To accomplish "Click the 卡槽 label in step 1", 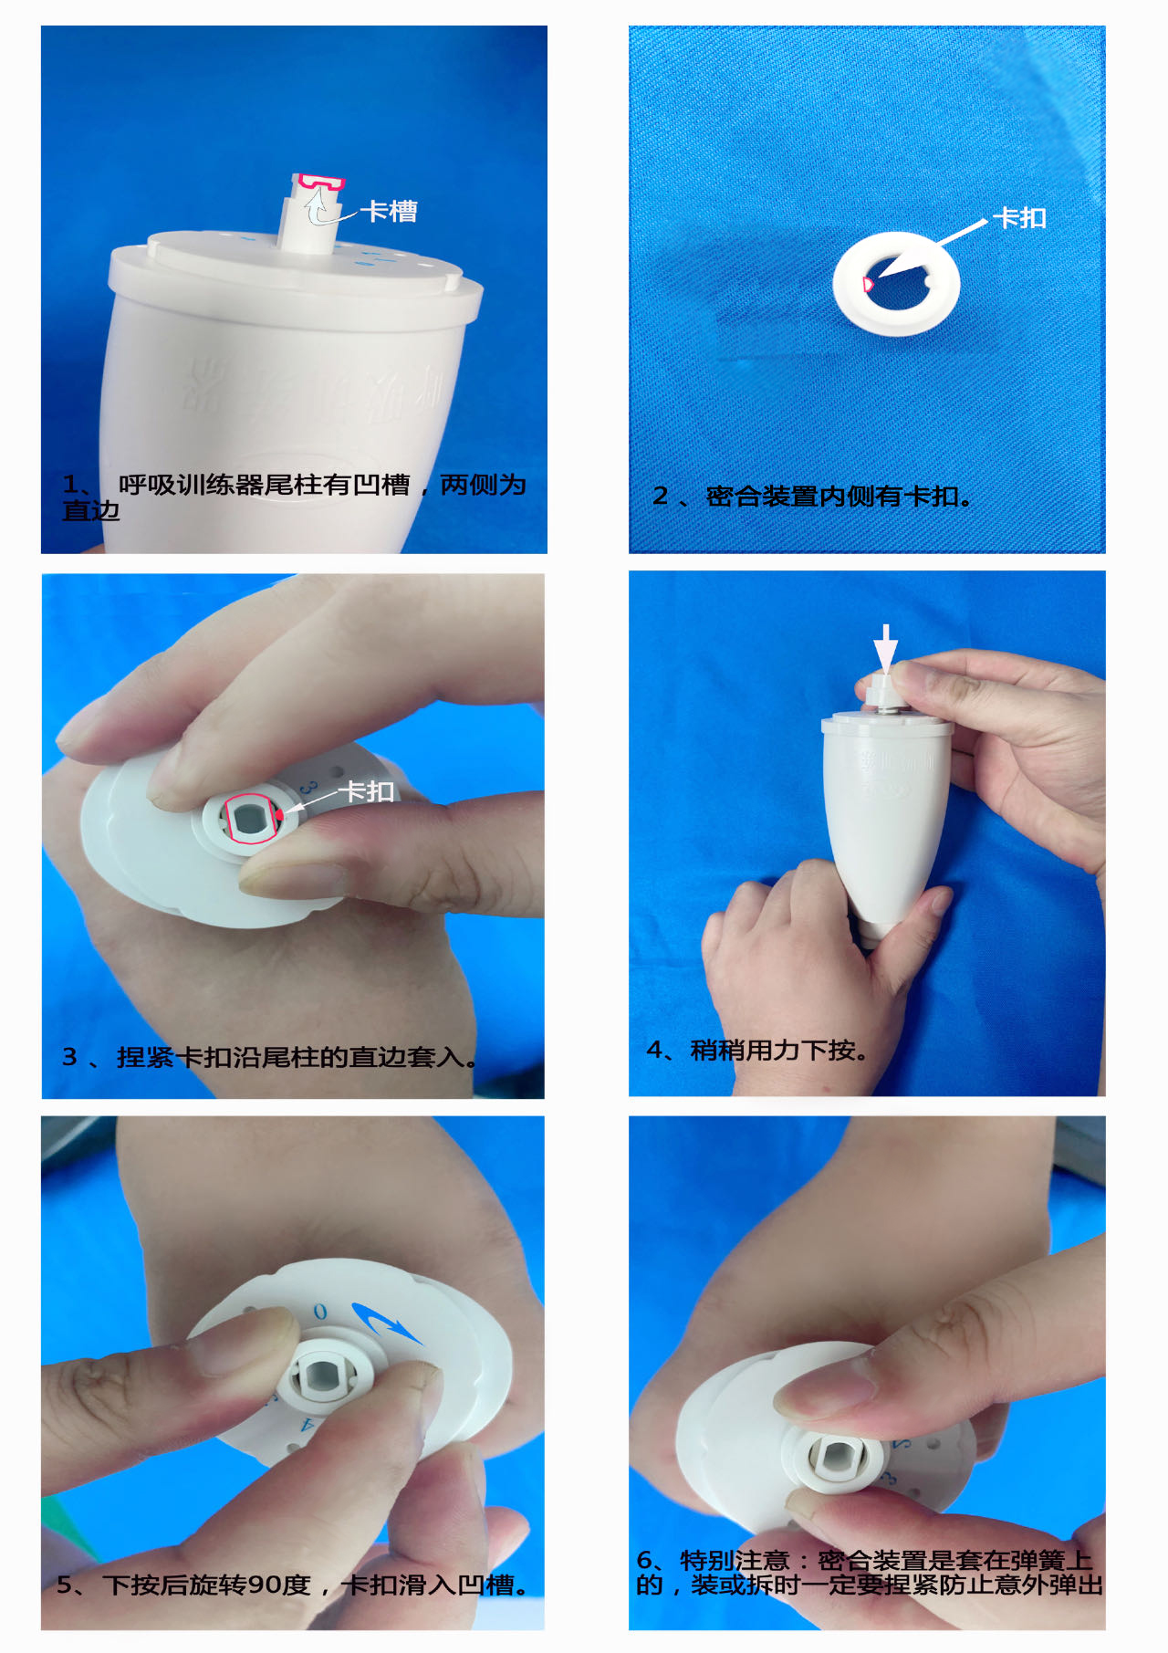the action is (389, 212).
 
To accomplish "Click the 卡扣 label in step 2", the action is (1019, 218).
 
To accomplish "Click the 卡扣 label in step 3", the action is (367, 791).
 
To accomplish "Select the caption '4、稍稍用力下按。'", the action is (757, 1051).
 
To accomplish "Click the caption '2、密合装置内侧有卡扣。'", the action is (812, 497).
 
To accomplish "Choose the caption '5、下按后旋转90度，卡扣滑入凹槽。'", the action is (293, 1585).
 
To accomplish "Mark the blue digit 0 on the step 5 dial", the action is (319, 1312).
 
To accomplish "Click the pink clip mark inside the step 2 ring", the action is (868, 283).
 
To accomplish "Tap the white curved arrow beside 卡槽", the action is (316, 208).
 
